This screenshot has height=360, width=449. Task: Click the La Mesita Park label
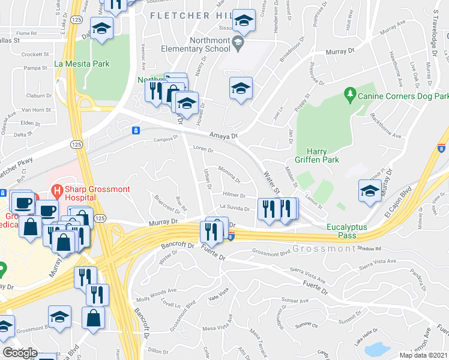tap(82, 63)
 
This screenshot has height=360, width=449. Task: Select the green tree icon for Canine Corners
tap(349, 94)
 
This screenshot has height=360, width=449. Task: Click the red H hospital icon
tap(56, 193)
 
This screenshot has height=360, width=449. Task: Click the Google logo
tap(19, 353)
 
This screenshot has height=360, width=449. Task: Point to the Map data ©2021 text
tap(423, 355)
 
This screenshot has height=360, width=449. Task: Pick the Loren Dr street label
tap(203, 148)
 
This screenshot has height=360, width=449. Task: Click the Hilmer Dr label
tap(234, 195)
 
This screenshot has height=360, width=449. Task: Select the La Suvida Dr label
tap(234, 207)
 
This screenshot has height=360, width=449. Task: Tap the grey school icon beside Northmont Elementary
tap(238, 41)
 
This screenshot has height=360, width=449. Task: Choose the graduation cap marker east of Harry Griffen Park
tap(369, 191)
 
